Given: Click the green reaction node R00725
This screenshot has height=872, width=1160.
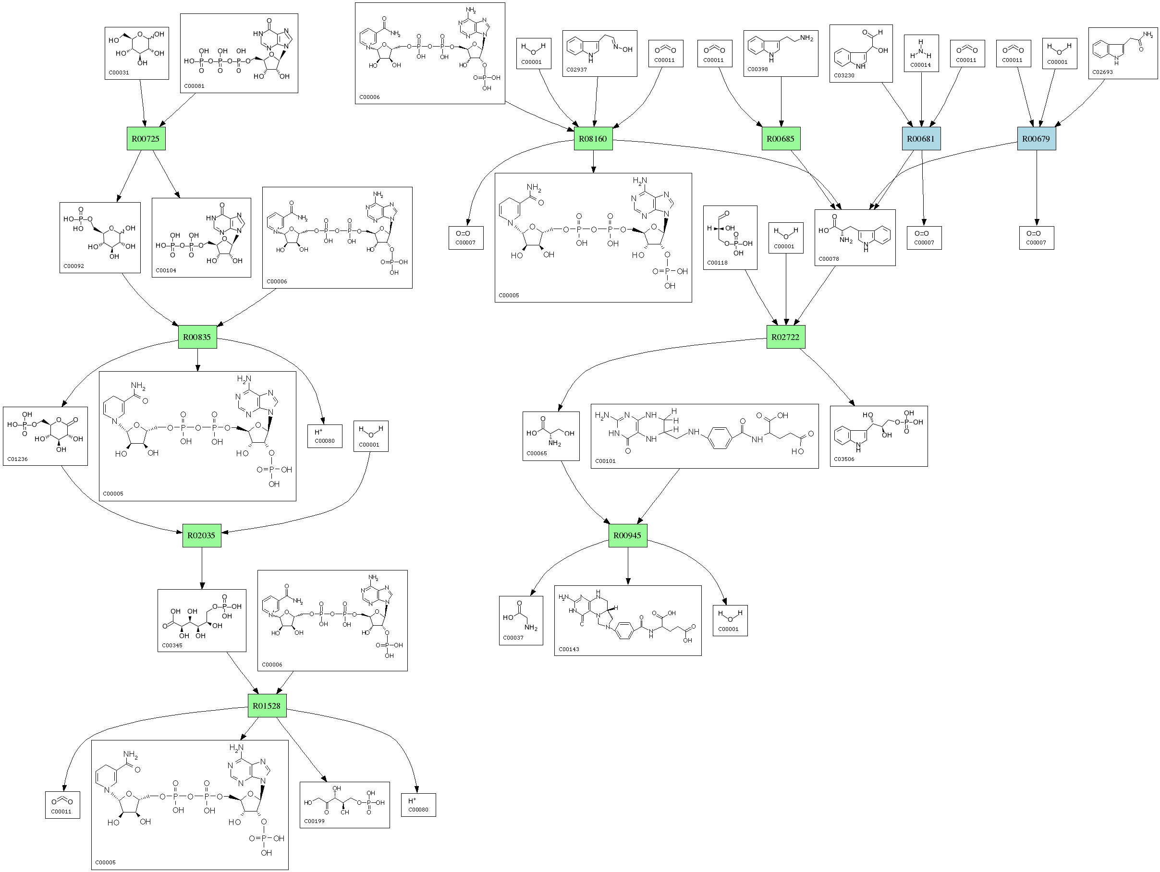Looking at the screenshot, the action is [146, 138].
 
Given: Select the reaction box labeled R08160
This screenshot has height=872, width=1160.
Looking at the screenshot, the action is [593, 138].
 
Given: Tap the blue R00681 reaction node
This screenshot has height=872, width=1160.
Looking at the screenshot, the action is [921, 138].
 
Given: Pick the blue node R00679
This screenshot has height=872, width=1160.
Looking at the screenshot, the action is [1036, 138].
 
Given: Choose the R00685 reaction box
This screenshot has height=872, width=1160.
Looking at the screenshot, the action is [781, 138].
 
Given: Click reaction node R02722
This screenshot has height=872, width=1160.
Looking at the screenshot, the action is [785, 337].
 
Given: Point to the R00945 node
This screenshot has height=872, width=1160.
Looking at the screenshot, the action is [628, 535].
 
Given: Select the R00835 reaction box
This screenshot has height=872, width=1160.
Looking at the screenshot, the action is [197, 337].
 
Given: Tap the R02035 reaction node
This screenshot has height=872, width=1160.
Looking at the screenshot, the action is [202, 535].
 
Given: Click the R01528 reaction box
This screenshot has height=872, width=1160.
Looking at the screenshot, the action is [267, 706].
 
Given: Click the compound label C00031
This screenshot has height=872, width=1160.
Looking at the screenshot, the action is [119, 73].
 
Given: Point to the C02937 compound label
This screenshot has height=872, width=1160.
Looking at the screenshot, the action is [577, 69].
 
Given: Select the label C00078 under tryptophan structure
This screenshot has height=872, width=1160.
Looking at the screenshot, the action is [829, 258].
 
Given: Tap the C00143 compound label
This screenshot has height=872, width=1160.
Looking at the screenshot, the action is [569, 649].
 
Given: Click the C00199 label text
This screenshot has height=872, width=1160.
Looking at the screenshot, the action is [314, 821].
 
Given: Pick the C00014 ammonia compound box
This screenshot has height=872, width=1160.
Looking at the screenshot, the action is [921, 53].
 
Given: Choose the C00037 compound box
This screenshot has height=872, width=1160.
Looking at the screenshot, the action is [521, 620].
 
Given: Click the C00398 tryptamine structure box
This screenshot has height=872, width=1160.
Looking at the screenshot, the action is [781, 53].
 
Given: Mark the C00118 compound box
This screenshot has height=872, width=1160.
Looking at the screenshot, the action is [730, 238].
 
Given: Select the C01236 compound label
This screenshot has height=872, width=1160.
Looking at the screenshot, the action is [18, 459].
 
